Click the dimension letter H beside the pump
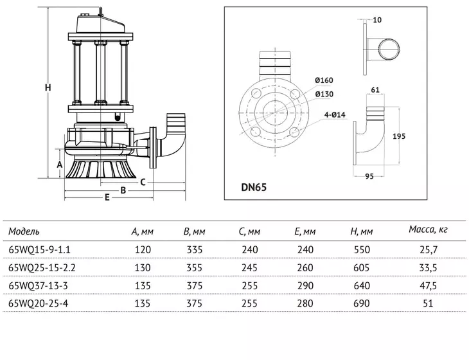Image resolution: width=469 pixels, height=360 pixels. [x=48, y=87]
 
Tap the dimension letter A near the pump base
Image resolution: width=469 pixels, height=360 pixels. [x=60, y=165]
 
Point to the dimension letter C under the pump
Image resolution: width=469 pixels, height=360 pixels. [x=143, y=182]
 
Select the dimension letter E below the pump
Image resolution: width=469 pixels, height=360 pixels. [x=107, y=197]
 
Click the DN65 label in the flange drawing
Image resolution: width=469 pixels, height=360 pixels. [x=254, y=188]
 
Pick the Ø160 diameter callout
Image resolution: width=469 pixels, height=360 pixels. [x=324, y=80]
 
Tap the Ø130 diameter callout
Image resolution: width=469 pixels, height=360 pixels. [x=324, y=94]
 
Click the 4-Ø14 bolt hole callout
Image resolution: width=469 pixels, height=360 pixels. [x=335, y=114]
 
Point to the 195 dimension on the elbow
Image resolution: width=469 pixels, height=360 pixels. [x=399, y=136]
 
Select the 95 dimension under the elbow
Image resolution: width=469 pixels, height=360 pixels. [x=369, y=177]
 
